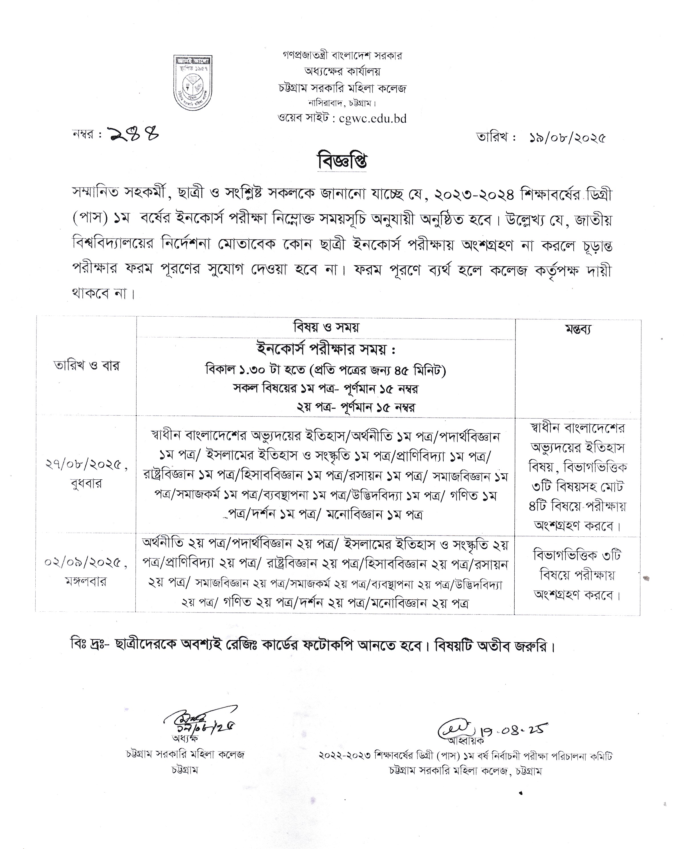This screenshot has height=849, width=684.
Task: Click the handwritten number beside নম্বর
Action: pos(134,135)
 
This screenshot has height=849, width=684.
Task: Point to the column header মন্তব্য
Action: pos(578,329)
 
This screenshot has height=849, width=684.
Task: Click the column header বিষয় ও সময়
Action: pos(326,327)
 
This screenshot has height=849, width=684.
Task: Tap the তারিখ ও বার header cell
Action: pos(86,365)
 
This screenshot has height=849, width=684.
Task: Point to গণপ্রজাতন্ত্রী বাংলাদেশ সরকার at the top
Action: pos(342,56)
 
